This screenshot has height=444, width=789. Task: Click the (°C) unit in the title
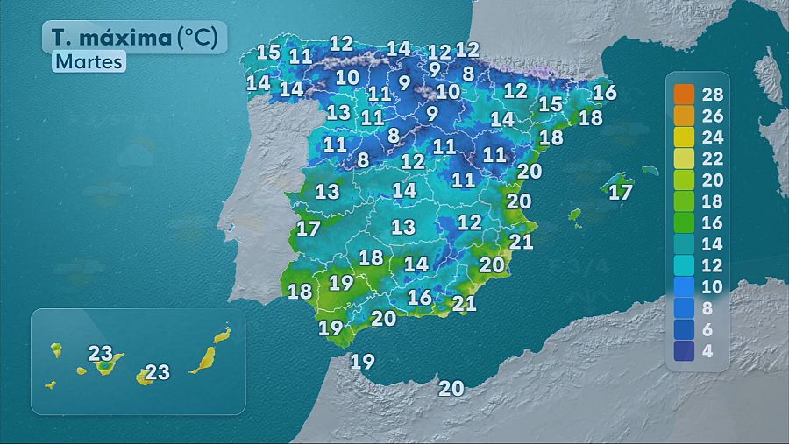(x=200, y=38)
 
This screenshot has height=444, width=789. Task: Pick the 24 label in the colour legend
(x=712, y=137)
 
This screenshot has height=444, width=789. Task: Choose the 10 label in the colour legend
(x=712, y=286)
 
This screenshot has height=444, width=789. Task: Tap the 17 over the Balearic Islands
(x=621, y=192)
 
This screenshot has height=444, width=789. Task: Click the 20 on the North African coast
(x=451, y=388)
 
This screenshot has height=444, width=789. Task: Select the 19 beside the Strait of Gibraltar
(x=363, y=360)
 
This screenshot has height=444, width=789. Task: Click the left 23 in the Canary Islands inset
(x=101, y=354)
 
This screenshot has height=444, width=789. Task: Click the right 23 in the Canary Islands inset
(x=157, y=372)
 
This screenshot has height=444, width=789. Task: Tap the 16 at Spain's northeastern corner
(x=605, y=92)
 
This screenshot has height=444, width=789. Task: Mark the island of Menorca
(x=650, y=170)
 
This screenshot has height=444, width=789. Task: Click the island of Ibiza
(x=575, y=215)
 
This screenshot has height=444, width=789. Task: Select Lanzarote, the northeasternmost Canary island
(x=223, y=335)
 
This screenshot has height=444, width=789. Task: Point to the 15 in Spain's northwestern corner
(x=268, y=52)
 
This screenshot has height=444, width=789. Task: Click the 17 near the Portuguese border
(x=308, y=229)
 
